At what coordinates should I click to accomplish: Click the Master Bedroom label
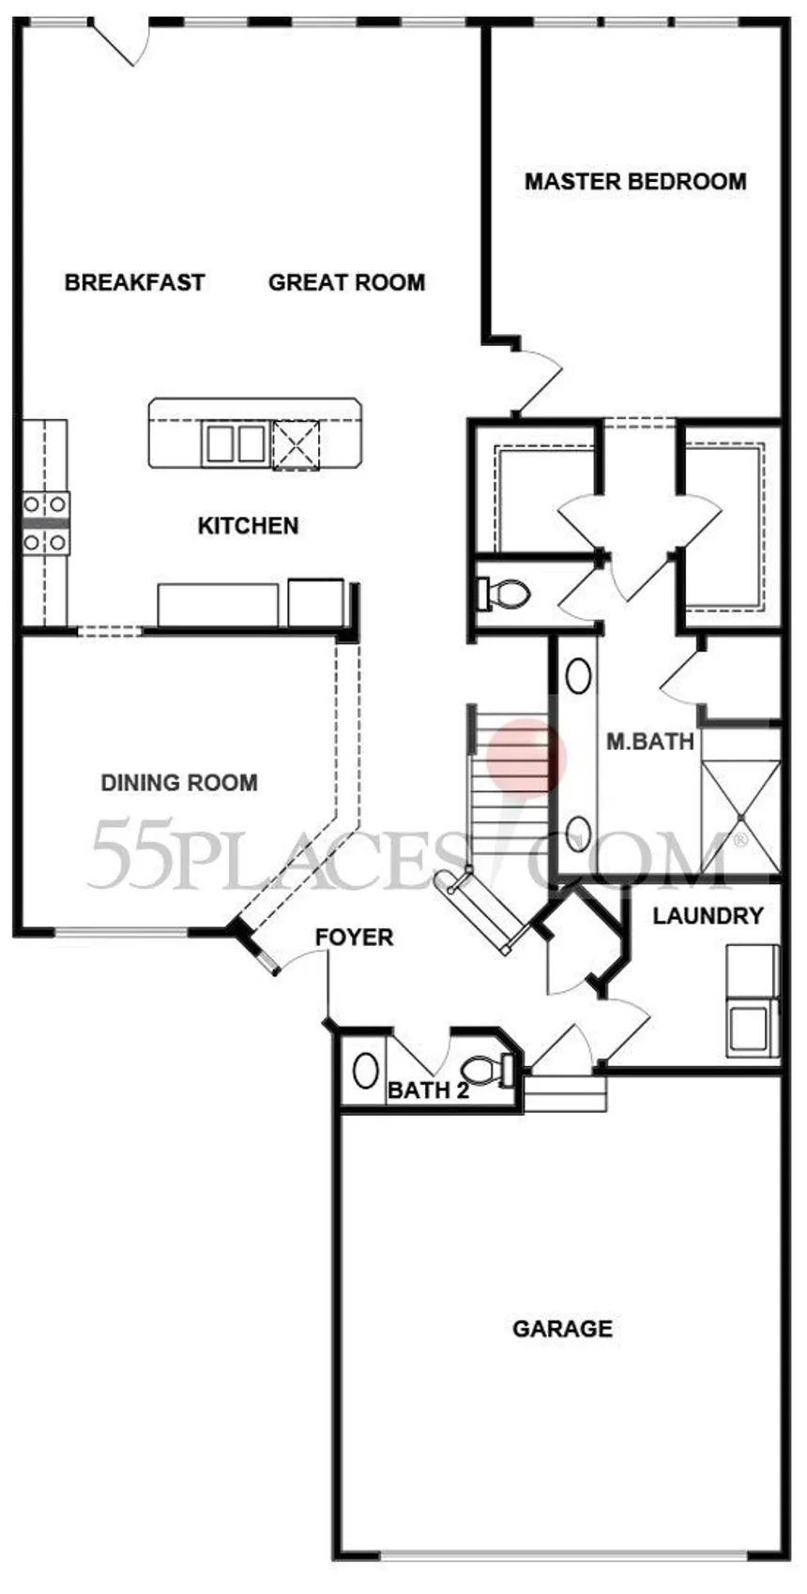click(635, 181)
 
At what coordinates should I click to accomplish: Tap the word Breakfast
click(134, 282)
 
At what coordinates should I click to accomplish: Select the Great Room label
click(346, 282)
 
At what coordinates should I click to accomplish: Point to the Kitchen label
click(248, 525)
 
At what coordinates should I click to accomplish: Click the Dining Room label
click(178, 782)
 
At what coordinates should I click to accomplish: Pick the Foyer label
click(354, 937)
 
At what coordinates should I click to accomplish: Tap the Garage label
click(562, 1328)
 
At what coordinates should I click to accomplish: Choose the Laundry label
click(708, 915)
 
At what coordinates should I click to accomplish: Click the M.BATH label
click(649, 742)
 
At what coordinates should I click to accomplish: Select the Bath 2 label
click(428, 1090)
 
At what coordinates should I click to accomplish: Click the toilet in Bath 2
click(487, 1070)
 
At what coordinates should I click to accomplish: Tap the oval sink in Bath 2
click(365, 1070)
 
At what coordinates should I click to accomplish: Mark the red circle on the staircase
click(527, 756)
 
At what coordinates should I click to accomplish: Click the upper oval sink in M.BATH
click(578, 676)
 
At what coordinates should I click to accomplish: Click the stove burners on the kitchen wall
click(45, 522)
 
